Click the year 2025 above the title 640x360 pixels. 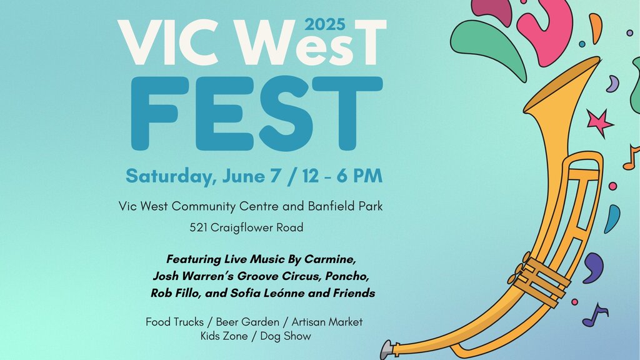[x=325, y=25]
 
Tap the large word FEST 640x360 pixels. [x=257, y=114]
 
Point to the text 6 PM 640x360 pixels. [x=359, y=176]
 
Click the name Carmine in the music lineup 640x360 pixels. [x=330, y=259]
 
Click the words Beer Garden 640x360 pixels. [x=247, y=322]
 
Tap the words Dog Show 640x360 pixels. [x=285, y=336]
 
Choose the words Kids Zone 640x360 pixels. [x=224, y=336]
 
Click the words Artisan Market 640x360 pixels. [x=327, y=322]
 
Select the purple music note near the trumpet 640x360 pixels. [x=595, y=315]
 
